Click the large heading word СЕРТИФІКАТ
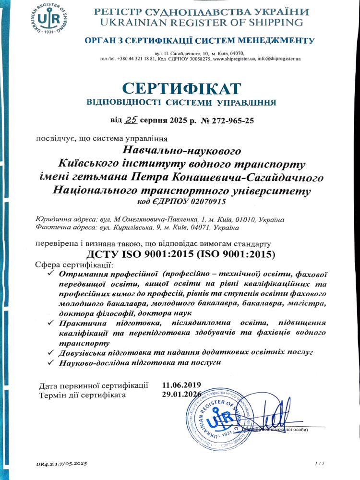(x=180, y=89)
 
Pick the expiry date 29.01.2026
(x=181, y=395)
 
